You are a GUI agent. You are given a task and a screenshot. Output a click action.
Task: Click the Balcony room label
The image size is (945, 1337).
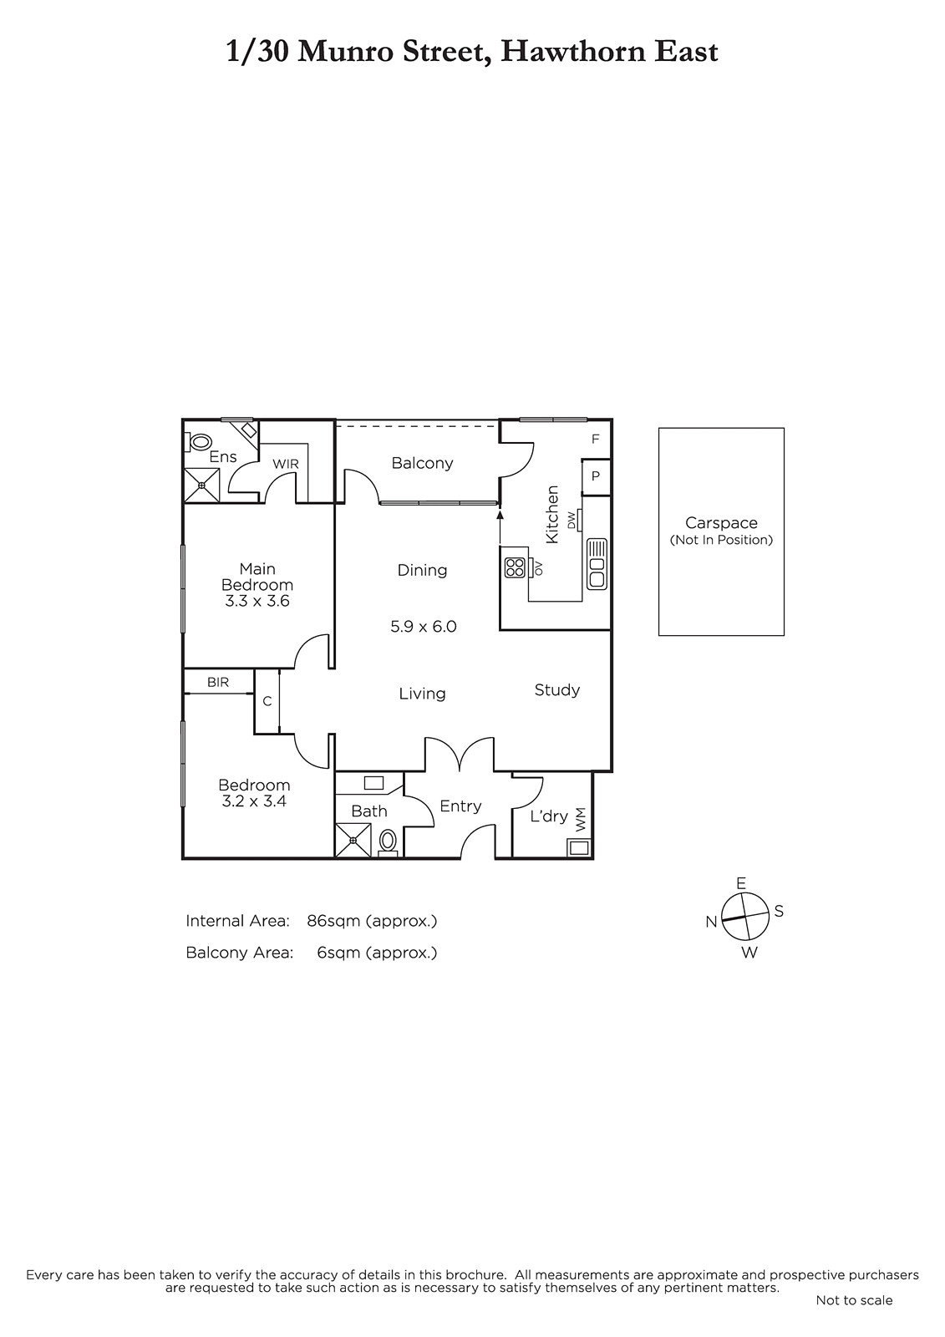(422, 463)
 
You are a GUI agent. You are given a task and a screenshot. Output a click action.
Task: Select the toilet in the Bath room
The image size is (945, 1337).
(388, 842)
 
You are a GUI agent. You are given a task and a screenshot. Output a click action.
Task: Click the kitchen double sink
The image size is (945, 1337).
(597, 563)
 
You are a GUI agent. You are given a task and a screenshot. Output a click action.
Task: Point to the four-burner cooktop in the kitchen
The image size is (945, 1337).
(515, 567)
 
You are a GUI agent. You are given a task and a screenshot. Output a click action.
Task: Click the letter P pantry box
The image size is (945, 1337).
(596, 476)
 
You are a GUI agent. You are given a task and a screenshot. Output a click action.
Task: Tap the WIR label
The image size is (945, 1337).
(286, 464)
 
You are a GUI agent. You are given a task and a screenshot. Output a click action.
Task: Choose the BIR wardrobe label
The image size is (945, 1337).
(218, 682)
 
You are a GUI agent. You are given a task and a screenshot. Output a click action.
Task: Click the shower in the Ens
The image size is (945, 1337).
(201, 485)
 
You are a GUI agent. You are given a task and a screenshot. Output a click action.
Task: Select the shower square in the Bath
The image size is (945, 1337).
(353, 841)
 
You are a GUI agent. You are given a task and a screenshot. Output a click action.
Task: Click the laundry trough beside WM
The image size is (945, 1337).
(578, 847)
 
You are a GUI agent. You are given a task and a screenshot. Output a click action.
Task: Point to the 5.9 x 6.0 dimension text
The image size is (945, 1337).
(424, 627)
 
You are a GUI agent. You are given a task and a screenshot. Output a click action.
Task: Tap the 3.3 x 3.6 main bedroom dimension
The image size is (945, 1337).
(257, 601)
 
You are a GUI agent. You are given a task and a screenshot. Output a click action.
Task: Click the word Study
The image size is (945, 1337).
(557, 690)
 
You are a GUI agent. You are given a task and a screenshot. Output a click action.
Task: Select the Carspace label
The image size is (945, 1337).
(721, 523)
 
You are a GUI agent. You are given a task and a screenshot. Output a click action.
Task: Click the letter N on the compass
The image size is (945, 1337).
(711, 923)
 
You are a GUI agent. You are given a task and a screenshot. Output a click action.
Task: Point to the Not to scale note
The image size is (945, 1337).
(854, 1313)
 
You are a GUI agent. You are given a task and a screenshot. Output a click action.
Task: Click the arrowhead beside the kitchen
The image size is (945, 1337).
(500, 515)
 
